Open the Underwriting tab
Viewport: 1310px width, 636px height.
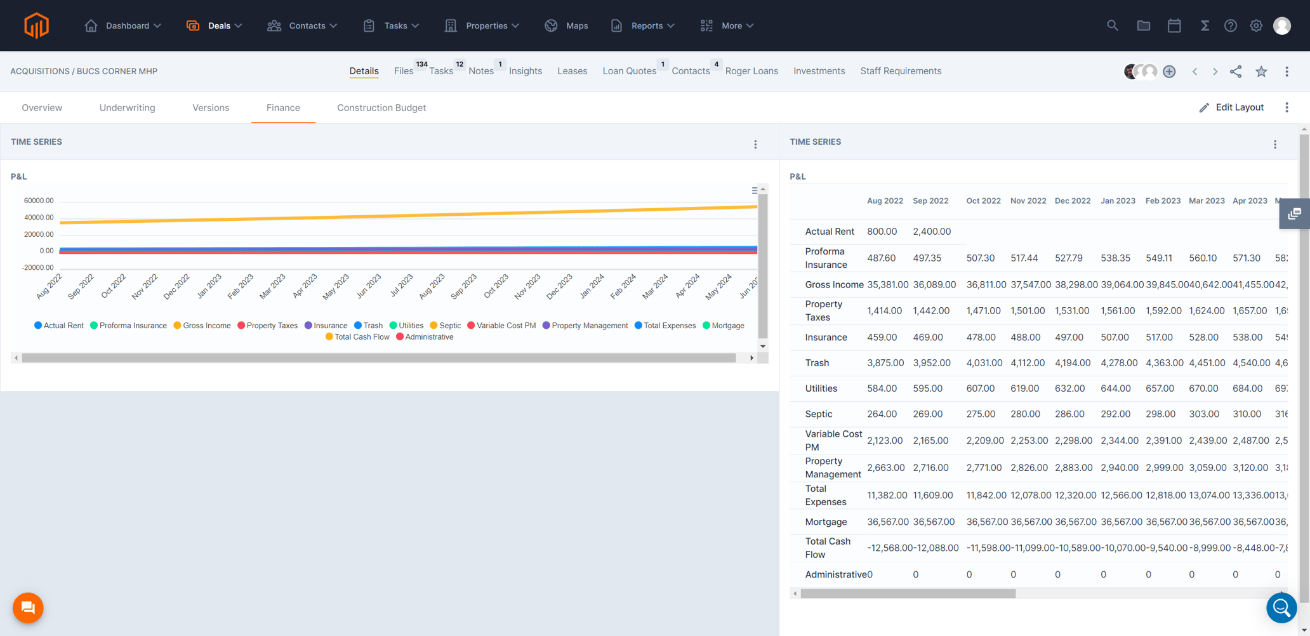coord(127,108)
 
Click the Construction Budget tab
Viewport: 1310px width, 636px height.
coord(381,108)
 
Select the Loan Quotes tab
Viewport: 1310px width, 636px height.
coord(629,71)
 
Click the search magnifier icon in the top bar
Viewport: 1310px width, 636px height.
coord(1112,25)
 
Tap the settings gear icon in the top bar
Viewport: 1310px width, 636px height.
coord(1256,25)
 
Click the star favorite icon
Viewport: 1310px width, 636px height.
coord(1261,71)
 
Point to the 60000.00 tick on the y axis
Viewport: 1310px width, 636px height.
coord(39,201)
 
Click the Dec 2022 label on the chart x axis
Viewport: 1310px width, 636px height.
coord(176,286)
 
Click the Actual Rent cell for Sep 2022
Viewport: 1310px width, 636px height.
coord(931,232)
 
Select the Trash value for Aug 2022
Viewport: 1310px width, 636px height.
coord(885,363)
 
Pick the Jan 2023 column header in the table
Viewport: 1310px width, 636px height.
coord(1117,201)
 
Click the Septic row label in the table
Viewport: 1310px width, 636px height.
coord(818,414)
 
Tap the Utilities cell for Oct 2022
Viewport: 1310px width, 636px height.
coord(980,388)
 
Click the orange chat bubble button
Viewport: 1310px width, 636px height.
coord(28,607)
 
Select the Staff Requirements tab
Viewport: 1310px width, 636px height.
coord(901,71)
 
